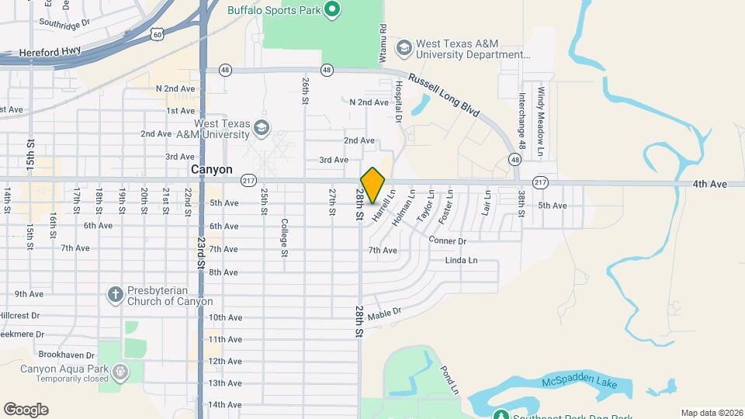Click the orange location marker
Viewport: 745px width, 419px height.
point(373,185)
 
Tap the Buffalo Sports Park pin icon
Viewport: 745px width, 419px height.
point(332,10)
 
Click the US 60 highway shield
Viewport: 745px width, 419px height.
point(158,34)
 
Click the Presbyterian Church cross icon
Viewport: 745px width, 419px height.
point(115,294)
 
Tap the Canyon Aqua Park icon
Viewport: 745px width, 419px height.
point(120,373)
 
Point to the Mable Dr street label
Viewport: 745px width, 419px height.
point(384,313)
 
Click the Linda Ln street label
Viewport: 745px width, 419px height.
point(461,261)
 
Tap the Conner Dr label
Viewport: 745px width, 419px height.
point(447,241)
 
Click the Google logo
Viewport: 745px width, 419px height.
point(26,410)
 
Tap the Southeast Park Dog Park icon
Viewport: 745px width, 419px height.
point(501,415)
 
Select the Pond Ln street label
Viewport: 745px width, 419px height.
point(449,379)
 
